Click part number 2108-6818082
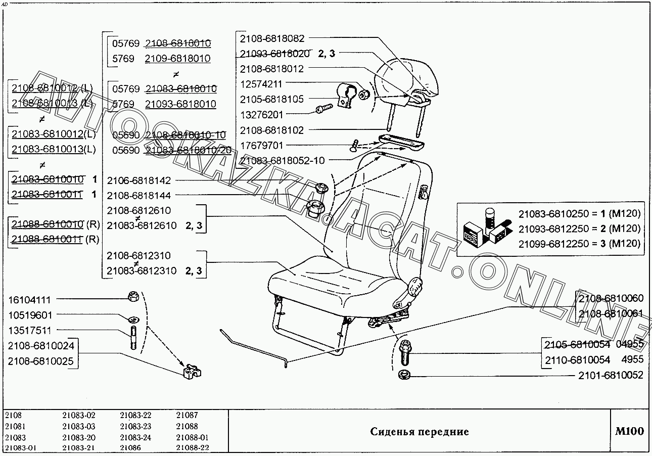[x=272, y=38]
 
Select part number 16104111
[x=30, y=300]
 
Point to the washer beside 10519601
[x=133, y=320]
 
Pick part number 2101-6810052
[x=611, y=375]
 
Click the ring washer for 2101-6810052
[x=404, y=375]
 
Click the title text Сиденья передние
[x=419, y=432]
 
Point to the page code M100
[x=629, y=431]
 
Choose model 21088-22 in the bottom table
[x=193, y=448]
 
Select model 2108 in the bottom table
[x=13, y=415]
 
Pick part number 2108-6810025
[x=41, y=361]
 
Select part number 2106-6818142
[x=139, y=180]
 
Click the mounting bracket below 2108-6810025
[x=191, y=372]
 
